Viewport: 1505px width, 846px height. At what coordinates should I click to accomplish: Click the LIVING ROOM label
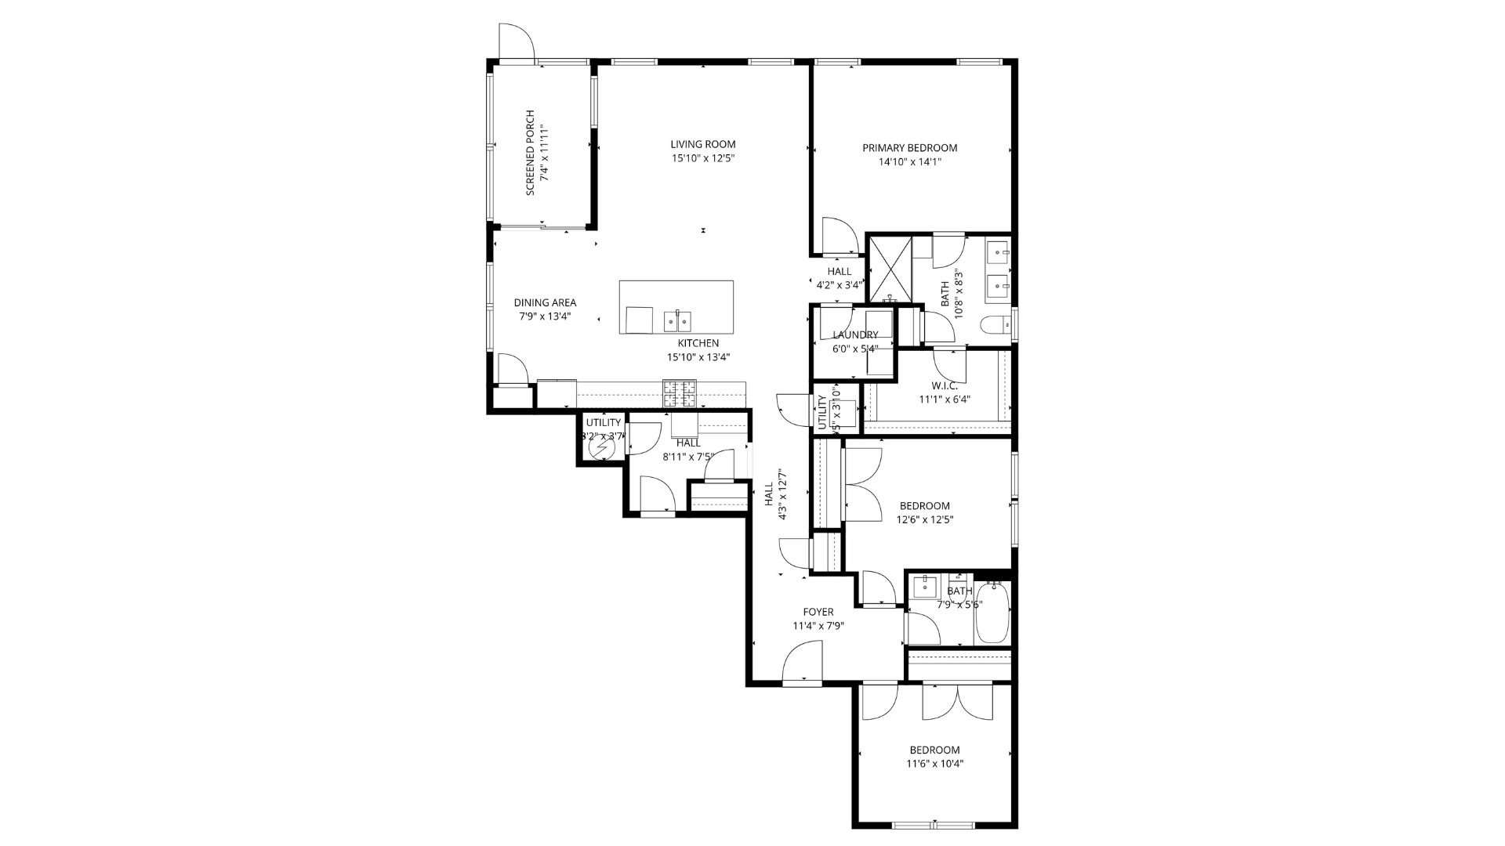click(x=702, y=144)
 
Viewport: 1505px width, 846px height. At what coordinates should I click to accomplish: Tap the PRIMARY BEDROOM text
click(x=909, y=148)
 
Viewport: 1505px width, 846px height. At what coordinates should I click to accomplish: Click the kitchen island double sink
click(x=678, y=320)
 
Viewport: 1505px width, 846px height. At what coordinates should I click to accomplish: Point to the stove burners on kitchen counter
click(x=679, y=393)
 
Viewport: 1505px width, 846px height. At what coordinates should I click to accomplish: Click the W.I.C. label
click(x=944, y=385)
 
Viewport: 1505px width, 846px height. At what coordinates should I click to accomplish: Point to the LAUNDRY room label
click(x=854, y=335)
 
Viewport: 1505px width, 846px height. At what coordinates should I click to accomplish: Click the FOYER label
click(x=818, y=612)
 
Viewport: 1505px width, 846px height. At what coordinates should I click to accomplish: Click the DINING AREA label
click(x=545, y=302)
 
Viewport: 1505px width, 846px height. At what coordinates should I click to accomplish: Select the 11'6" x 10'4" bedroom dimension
click(x=934, y=764)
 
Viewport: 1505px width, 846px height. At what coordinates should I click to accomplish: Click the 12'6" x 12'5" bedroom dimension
click(x=924, y=519)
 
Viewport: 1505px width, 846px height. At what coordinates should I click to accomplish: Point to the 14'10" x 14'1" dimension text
click(x=909, y=162)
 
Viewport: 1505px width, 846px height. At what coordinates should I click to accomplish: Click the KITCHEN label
click(x=698, y=343)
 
